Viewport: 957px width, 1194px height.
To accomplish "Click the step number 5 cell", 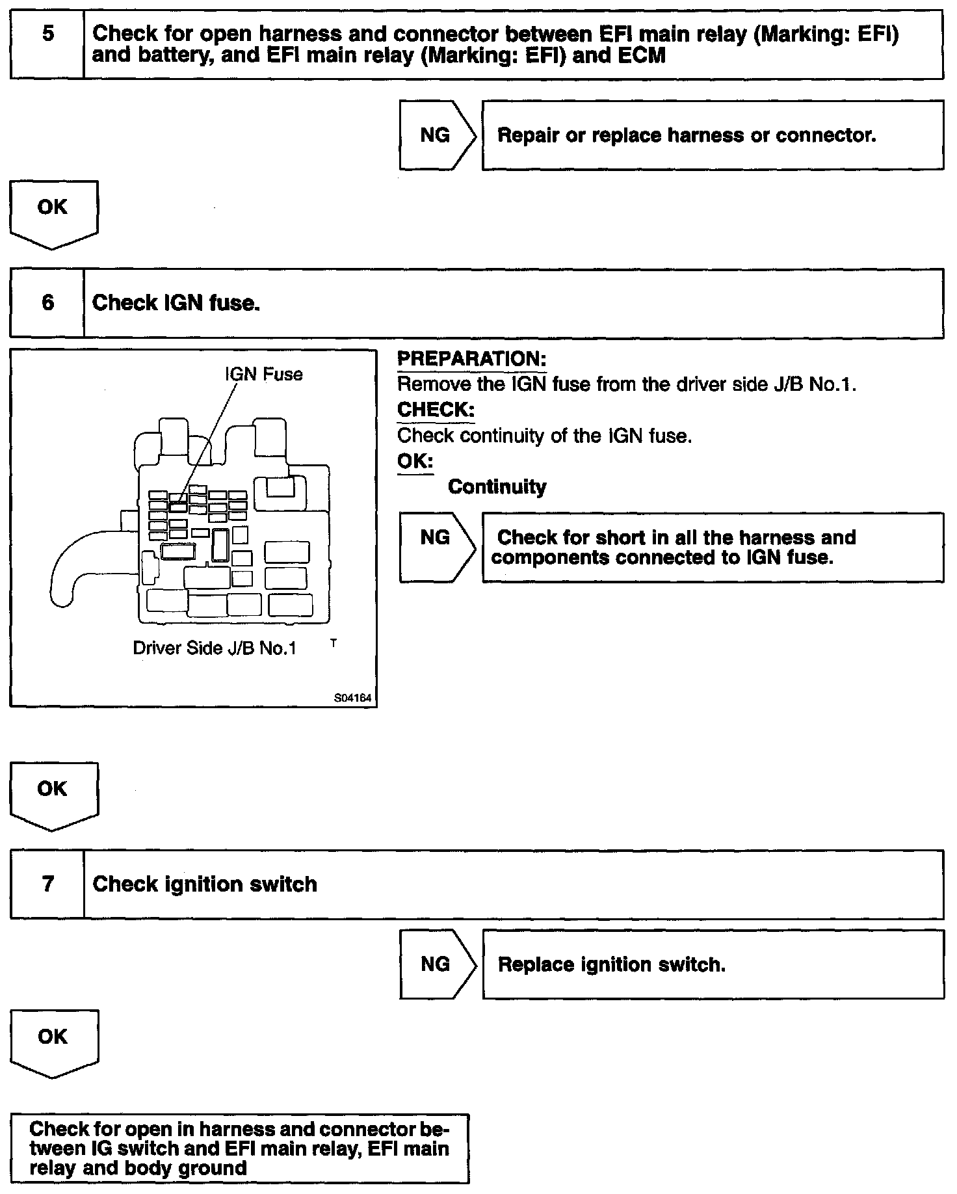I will click(x=47, y=44).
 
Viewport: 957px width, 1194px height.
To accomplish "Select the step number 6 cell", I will click(x=47, y=303).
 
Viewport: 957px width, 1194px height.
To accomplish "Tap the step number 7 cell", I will click(x=47, y=884).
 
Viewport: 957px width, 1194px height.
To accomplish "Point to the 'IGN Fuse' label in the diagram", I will click(x=263, y=375).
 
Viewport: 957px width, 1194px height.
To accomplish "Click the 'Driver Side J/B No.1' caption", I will click(x=215, y=648).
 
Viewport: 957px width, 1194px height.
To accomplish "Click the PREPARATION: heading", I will click(x=471, y=359).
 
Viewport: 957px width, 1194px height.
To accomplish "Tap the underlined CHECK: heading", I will click(x=436, y=410).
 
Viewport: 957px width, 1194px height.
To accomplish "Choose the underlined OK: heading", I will click(x=415, y=461).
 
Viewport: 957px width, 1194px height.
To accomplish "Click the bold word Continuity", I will click(x=497, y=487).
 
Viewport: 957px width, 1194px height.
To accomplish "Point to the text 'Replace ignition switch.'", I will click(x=611, y=964).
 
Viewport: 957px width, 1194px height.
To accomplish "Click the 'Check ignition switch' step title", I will click(x=205, y=884).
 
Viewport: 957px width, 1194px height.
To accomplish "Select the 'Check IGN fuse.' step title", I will click(x=176, y=303).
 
